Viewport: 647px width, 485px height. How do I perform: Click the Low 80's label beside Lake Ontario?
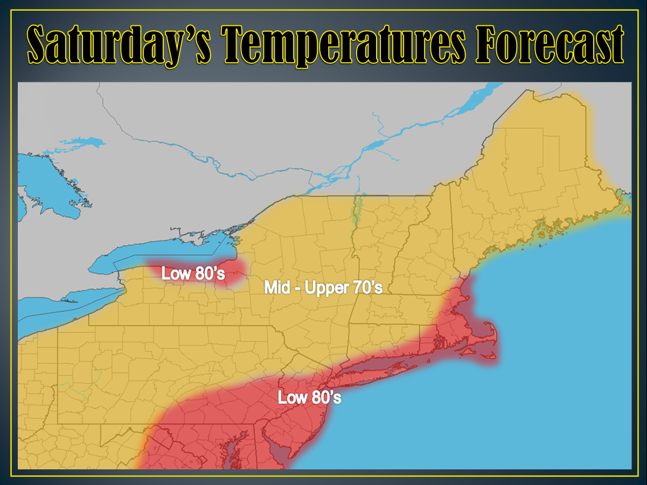(x=193, y=274)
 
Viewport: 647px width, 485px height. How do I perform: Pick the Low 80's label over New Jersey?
(x=309, y=398)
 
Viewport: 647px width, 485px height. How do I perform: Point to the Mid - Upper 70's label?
(x=323, y=288)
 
